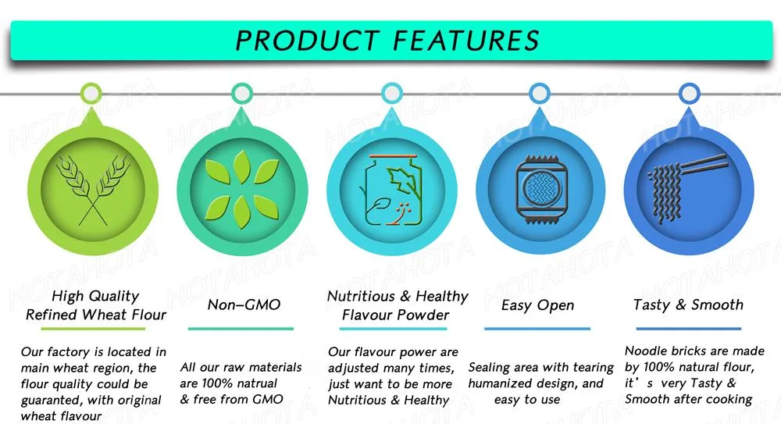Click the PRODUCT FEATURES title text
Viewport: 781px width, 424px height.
387,41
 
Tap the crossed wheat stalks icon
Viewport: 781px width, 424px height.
93,189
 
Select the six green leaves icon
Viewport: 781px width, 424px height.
242,190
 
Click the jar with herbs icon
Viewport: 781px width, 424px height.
391,190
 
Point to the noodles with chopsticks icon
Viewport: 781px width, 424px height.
688,188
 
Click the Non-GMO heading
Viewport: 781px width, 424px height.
244,305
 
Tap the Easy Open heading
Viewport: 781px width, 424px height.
537,305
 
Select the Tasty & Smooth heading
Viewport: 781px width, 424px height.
688,305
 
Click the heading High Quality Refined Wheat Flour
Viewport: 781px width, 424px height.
95,305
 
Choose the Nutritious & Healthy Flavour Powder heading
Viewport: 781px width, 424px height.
397,305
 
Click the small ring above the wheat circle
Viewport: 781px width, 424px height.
91,94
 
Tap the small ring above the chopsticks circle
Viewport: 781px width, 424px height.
690,94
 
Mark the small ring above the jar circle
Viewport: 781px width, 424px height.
392,93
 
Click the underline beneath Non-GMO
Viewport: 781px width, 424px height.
241,329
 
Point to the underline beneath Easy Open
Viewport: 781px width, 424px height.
537,329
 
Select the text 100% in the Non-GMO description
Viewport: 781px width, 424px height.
218,383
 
